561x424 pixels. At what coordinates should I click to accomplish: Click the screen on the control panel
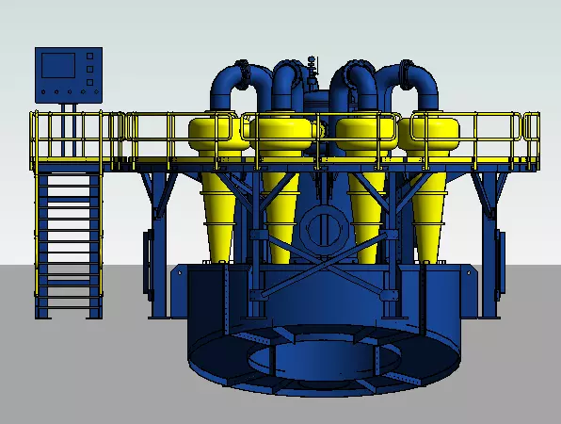[59, 66]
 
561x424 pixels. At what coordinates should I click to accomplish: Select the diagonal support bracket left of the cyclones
[155, 193]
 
